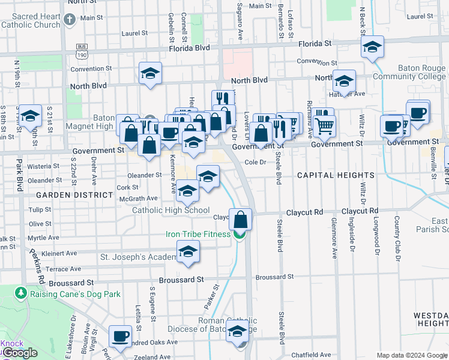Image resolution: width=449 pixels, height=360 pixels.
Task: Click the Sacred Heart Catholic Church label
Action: pyautogui.click(x=31, y=21)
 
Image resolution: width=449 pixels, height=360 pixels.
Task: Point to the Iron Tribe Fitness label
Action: pyautogui.click(x=198, y=234)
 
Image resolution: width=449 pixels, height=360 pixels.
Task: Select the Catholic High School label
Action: pyautogui.click(x=171, y=210)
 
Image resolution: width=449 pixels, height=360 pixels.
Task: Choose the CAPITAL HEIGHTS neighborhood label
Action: pyautogui.click(x=336, y=175)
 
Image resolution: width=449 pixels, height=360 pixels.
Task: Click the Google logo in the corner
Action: pyautogui.click(x=20, y=353)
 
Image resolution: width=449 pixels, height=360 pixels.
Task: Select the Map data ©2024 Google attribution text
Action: pyautogui.click(x=411, y=355)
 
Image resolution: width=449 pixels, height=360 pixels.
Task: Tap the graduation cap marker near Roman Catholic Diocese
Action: pyautogui.click(x=238, y=331)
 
